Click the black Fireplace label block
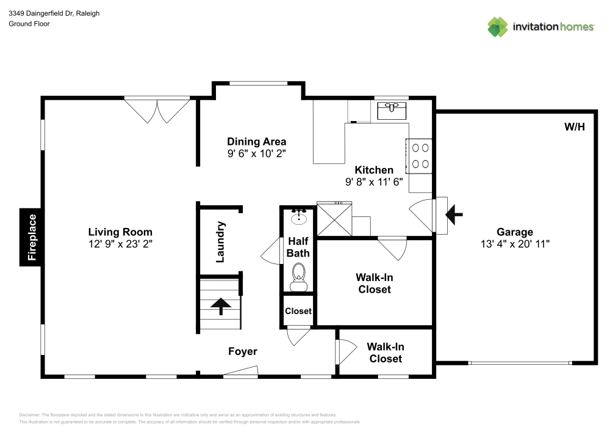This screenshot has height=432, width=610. point(32,238)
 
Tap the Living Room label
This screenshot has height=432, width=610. point(120,232)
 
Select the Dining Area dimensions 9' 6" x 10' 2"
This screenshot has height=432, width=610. point(256,153)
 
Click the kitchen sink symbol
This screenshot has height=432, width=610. point(392,110)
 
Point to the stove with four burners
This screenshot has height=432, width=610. point(420,155)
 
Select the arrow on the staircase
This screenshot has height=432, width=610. point(220,306)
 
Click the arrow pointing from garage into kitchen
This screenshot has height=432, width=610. point(454,214)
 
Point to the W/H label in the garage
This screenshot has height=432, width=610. point(574,127)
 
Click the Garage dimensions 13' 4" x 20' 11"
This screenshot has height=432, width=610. point(515,243)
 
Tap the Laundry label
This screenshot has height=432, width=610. point(221,243)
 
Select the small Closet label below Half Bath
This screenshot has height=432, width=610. point(298,311)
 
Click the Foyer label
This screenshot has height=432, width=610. point(242,351)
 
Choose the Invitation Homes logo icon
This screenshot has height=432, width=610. point(498,26)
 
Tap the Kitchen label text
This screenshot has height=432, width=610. point(374,170)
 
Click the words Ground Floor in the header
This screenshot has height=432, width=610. point(29,24)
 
